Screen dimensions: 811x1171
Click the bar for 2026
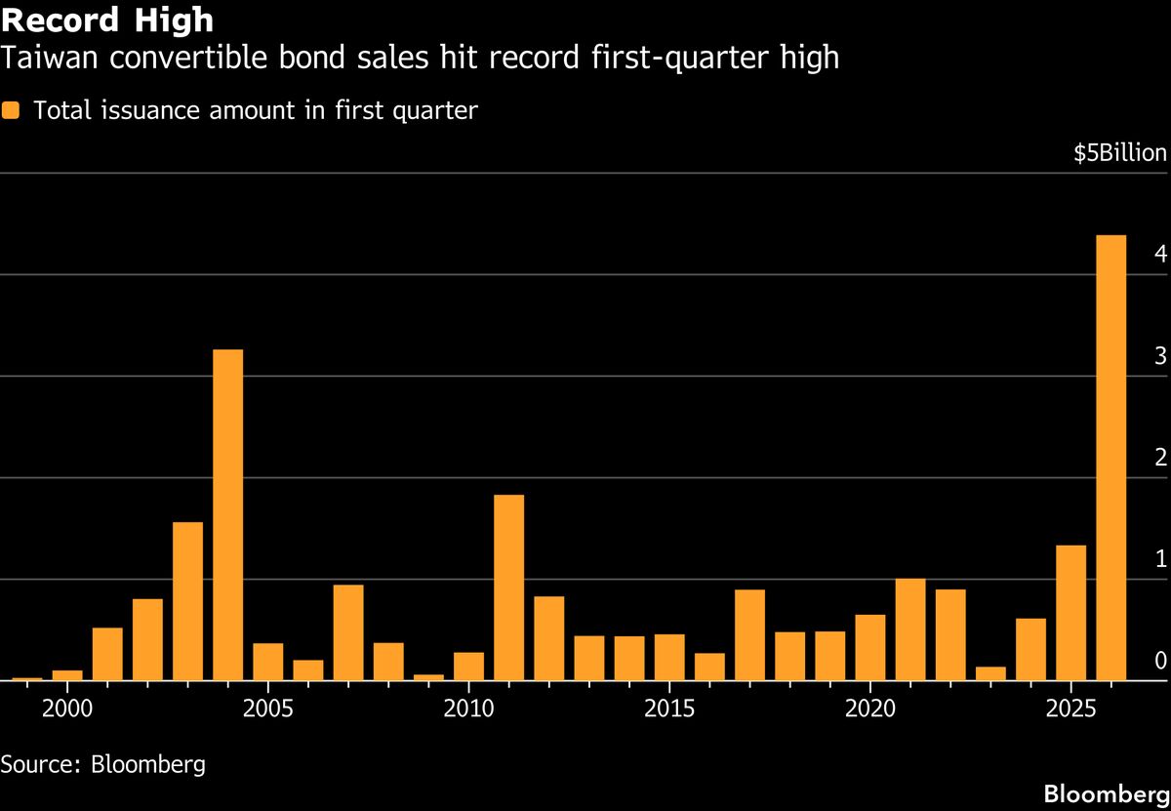click(x=1110, y=458)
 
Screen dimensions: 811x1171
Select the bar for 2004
click(x=227, y=514)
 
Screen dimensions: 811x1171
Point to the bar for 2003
click(x=187, y=601)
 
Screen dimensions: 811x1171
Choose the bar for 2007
click(x=348, y=632)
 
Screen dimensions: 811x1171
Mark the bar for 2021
click(x=910, y=629)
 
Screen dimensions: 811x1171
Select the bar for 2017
click(x=749, y=634)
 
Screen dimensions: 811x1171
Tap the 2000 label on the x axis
click(x=67, y=706)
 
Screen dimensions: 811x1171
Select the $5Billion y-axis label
click(x=1119, y=153)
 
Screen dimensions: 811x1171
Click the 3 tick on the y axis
click(x=1160, y=356)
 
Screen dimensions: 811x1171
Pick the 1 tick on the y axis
click(x=1160, y=559)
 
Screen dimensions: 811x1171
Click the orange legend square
click(x=11, y=110)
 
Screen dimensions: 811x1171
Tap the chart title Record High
click(x=107, y=20)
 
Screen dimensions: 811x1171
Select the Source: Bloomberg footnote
click(x=103, y=762)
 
